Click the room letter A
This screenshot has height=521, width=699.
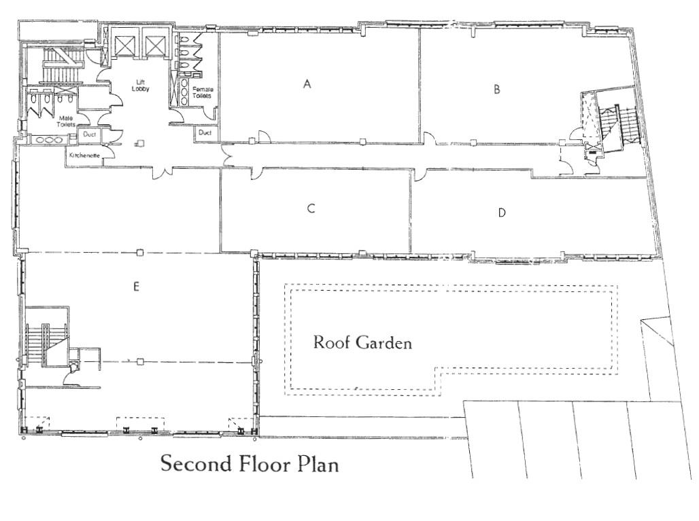coord(307,84)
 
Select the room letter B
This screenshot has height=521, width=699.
coord(496,89)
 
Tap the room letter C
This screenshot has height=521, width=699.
coord(311,209)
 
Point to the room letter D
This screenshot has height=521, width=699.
coord(502,213)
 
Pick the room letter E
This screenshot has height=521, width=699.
coord(136,287)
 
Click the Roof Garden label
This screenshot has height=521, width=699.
coord(362,342)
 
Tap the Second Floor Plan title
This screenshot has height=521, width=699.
coord(250,463)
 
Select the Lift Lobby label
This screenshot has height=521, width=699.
coord(141,86)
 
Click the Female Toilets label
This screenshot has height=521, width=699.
coord(203,92)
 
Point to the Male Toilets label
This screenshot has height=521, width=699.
coord(66,121)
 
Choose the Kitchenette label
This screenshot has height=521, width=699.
coord(84,156)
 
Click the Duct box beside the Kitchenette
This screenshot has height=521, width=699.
coord(90,134)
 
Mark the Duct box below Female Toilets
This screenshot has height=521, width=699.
coord(205,132)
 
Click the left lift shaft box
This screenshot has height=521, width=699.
coord(124,44)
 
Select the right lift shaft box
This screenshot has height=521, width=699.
coord(155,44)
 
